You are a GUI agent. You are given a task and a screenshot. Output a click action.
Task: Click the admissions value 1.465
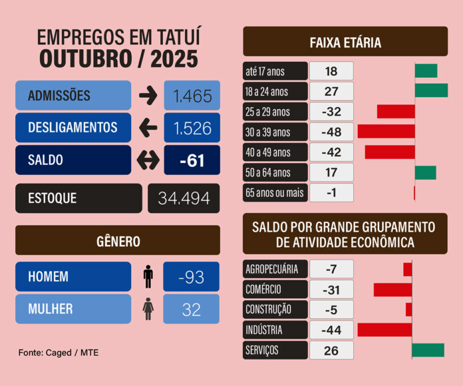click(x=192, y=96)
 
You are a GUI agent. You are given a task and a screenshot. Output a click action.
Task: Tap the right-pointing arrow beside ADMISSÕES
click(x=148, y=96)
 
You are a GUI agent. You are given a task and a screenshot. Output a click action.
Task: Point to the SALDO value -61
click(x=192, y=160)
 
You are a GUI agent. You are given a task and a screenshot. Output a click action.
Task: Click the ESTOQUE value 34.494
click(x=184, y=198)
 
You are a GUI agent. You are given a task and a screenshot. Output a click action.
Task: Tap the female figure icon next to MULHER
click(x=148, y=309)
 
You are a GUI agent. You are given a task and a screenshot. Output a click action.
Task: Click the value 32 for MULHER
click(x=192, y=309)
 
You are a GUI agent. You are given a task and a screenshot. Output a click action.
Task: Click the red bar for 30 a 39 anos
click(x=386, y=131)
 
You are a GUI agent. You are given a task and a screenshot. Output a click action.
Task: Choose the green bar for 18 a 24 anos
click(x=431, y=91)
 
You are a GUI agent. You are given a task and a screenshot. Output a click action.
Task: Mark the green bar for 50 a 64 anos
click(x=425, y=173)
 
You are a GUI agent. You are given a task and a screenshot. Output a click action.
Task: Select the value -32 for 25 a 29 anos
click(x=331, y=111)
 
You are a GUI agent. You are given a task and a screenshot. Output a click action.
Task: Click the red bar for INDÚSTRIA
click(x=385, y=329)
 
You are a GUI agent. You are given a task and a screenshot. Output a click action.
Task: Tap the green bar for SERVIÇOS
click(x=428, y=350)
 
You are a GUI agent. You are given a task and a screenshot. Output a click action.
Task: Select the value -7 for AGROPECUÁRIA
click(x=331, y=270)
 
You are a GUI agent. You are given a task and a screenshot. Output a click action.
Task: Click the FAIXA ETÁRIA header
click(x=345, y=43)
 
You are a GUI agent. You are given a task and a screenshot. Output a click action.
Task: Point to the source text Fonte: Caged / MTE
click(x=59, y=352)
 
